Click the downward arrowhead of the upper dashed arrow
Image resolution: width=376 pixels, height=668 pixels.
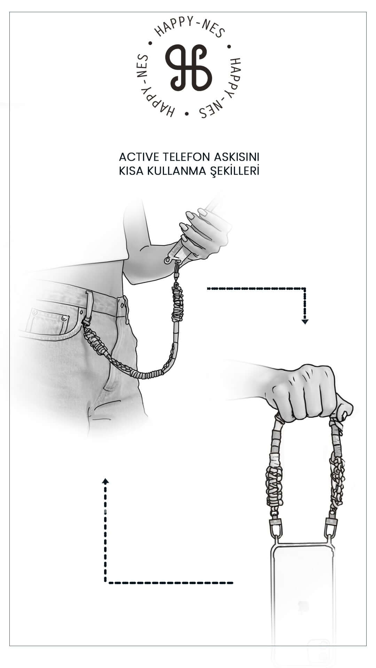click(305, 322)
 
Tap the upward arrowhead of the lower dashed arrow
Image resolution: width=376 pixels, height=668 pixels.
click(105, 481)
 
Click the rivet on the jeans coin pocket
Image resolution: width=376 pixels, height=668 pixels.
click(64, 318)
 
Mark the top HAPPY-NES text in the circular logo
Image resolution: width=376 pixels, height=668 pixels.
click(190, 27)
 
